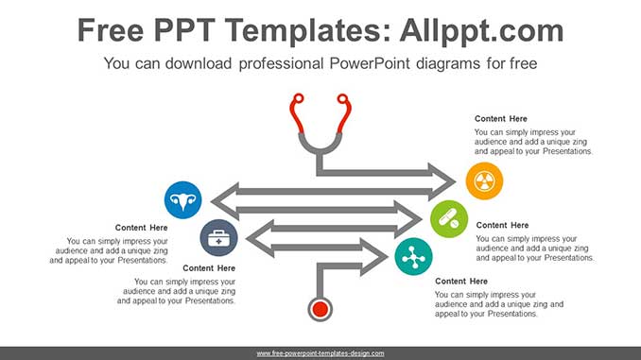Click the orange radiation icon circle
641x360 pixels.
(x=484, y=181)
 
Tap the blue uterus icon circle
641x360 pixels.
(x=182, y=200)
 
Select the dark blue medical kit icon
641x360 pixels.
(x=218, y=238)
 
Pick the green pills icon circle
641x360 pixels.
(x=449, y=219)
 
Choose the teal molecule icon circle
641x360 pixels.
(x=413, y=257)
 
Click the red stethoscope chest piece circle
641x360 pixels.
(x=320, y=309)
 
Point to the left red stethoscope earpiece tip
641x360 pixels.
(x=299, y=99)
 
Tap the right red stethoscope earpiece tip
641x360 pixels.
(x=342, y=99)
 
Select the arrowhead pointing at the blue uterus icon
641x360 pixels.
(x=225, y=200)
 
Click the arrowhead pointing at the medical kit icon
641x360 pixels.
(x=260, y=239)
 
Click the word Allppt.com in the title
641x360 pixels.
(x=481, y=30)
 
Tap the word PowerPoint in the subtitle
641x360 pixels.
(x=369, y=63)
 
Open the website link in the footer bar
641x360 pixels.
(x=320, y=353)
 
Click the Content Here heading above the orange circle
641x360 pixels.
(x=501, y=119)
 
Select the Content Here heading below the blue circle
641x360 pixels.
(x=142, y=228)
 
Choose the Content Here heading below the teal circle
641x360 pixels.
(x=461, y=282)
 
